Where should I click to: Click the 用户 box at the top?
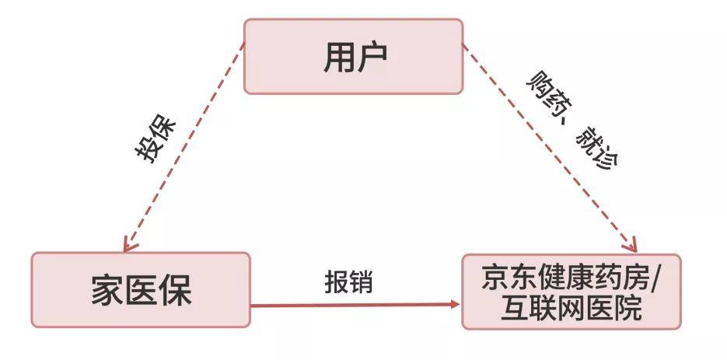tap(354, 57)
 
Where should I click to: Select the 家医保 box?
tap(141, 290)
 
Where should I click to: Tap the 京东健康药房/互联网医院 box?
tap(571, 291)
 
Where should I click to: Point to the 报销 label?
tap(348, 281)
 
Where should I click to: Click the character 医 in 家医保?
tap(141, 291)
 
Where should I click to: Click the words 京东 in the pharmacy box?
tap(508, 277)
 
